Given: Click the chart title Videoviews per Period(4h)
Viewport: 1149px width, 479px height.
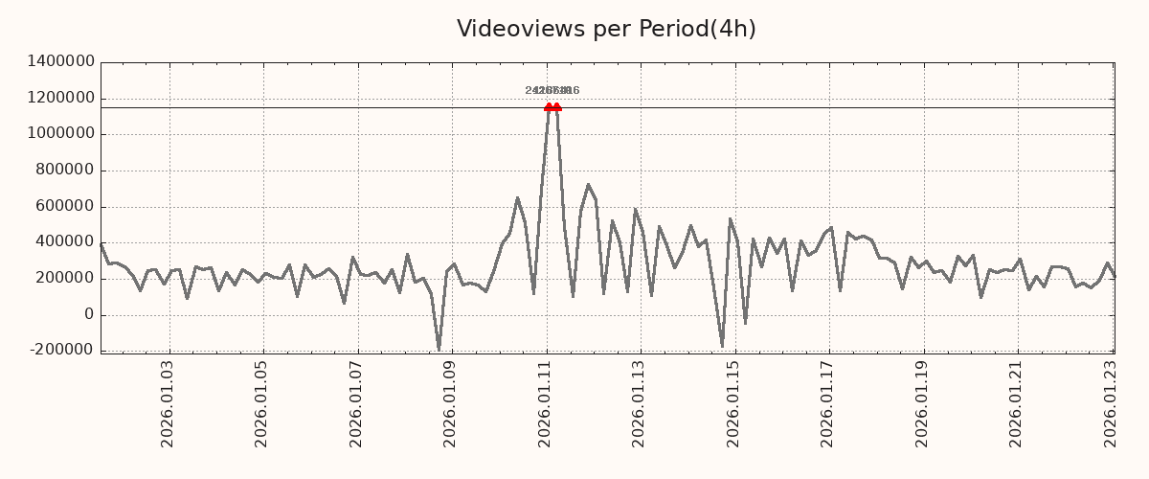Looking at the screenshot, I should point(606,29).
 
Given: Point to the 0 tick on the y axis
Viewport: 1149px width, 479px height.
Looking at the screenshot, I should point(89,314).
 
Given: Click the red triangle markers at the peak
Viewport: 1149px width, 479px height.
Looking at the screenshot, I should point(552,107).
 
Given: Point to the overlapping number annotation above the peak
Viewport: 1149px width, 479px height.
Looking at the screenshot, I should point(552,91).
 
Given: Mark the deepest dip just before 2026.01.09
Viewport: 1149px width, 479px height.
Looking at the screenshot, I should point(439,349).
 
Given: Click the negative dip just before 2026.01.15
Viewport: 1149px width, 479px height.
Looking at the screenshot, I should point(722,346).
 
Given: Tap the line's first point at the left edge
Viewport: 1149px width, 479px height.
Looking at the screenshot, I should point(101,243).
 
